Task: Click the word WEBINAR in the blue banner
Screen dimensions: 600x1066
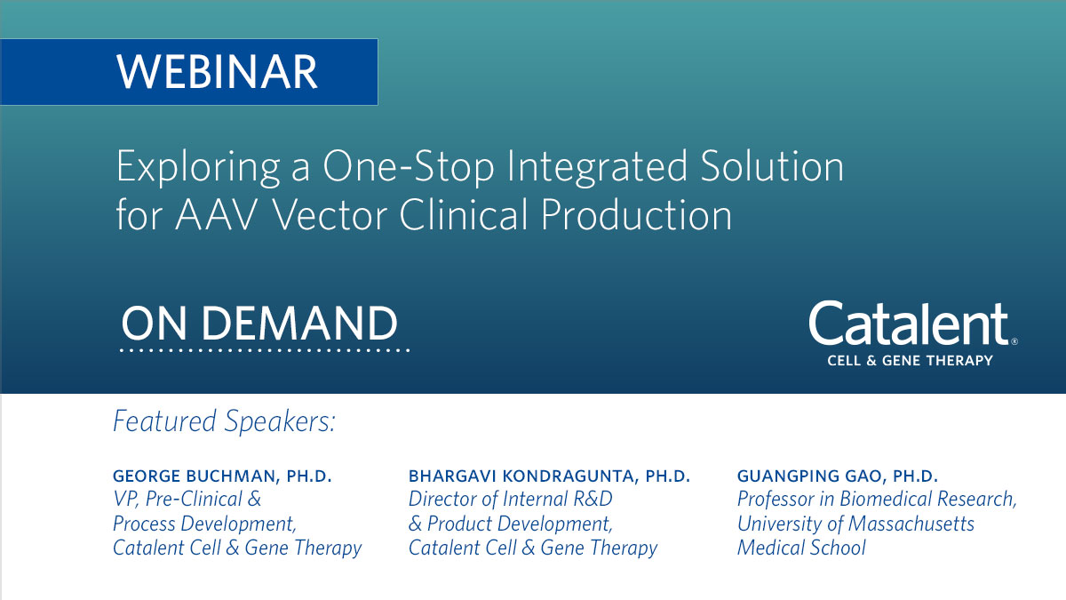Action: pos(217,72)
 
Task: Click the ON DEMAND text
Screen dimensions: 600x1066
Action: pos(259,324)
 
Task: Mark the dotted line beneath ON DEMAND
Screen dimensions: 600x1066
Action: pos(264,350)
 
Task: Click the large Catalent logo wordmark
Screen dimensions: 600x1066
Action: pos(908,324)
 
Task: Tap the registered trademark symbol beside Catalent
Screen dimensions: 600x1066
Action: pos(1014,340)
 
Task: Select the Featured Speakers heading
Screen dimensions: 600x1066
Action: pos(224,421)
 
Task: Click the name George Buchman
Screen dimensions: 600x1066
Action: pos(222,477)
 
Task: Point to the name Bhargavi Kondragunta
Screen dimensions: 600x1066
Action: pos(549,477)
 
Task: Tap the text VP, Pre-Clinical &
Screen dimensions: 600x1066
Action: pos(187,500)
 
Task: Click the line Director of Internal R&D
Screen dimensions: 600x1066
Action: pos(510,500)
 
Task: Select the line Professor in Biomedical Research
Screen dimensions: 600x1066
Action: pos(877,500)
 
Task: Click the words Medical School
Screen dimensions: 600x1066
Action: pos(800,548)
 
